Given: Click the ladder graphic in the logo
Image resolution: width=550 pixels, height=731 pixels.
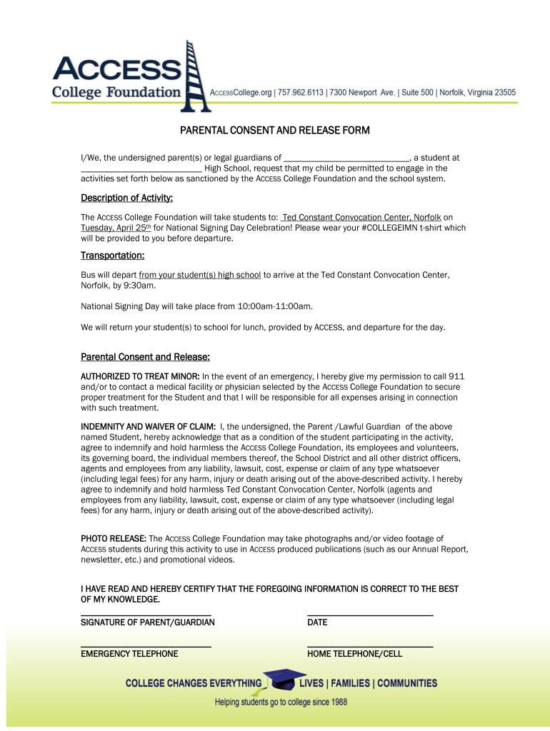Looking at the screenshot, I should [x=195, y=76].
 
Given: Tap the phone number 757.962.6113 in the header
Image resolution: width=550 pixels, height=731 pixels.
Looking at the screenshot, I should [x=301, y=93].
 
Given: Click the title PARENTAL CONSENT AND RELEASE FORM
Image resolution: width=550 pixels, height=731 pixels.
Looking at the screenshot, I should [x=274, y=131].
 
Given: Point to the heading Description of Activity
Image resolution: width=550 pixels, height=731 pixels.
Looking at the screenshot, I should [x=126, y=198].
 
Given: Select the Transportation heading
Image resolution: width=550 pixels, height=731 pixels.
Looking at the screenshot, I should [x=112, y=256].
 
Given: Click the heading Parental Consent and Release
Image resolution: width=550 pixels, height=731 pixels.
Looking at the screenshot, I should [x=144, y=357].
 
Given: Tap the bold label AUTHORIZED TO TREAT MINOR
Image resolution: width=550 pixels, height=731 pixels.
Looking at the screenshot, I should [x=140, y=376].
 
